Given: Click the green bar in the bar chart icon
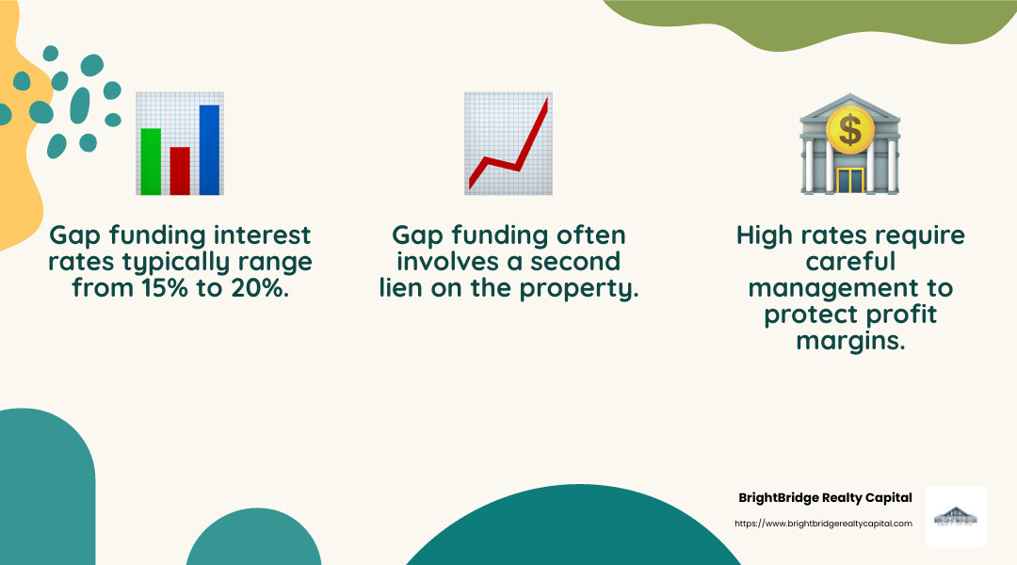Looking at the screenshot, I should click(151, 161).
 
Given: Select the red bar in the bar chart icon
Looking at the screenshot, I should click(180, 169).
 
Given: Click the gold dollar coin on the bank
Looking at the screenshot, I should click(849, 130).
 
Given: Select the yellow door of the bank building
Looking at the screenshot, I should click(849, 180).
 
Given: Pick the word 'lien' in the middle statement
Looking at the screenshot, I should click(403, 288).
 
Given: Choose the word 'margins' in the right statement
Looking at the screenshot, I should click(849, 342).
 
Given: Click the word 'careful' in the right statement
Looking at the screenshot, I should click(849, 261).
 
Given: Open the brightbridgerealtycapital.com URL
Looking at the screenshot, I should click(823, 524).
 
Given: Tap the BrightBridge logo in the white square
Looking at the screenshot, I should click(956, 516).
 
